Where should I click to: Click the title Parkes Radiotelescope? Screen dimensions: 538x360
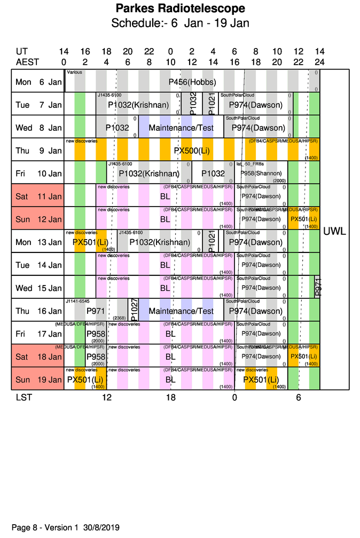click(180, 9)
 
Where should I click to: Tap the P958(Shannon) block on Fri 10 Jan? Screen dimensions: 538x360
click(261, 173)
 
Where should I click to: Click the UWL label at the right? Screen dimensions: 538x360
click(335, 232)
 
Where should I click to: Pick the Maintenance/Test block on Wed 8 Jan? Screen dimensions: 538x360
click(181, 128)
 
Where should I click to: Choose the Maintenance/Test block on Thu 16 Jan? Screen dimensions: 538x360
click(181, 311)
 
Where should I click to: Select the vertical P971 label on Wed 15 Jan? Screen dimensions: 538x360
click(317, 287)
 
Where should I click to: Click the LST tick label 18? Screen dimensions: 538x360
click(170, 398)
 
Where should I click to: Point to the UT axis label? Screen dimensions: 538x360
click(22, 52)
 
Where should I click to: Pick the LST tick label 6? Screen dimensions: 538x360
click(299, 398)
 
